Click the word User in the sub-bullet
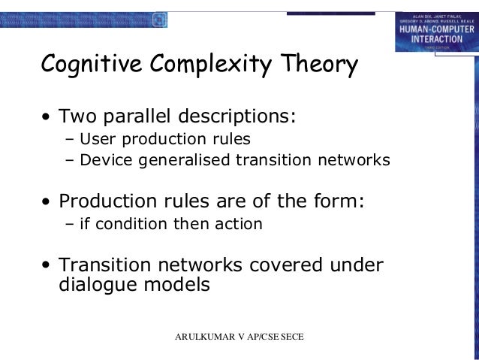(x=95, y=139)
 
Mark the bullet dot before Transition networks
(x=47, y=266)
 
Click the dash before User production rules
(x=71, y=139)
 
